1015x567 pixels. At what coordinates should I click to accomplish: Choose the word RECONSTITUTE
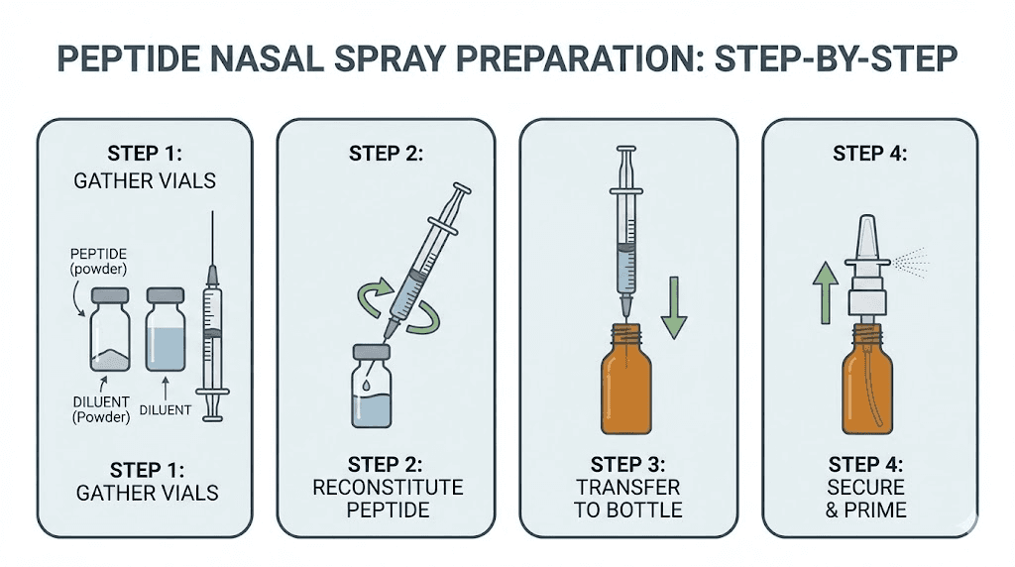click(x=388, y=488)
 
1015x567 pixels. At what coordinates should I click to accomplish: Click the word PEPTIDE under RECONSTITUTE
click(x=388, y=510)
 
